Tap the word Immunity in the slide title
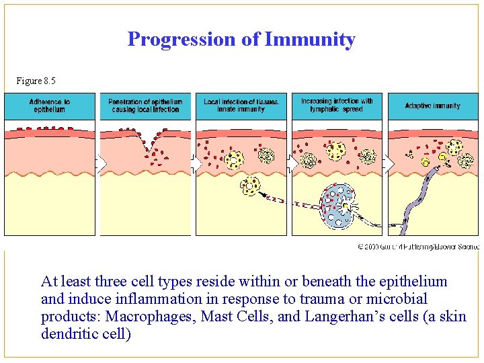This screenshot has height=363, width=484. (x=310, y=40)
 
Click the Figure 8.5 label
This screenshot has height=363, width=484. (x=36, y=81)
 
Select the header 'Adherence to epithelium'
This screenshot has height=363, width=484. (x=50, y=106)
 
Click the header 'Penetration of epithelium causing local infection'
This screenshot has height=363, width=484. (x=145, y=106)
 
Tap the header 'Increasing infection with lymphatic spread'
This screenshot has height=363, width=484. (x=337, y=105)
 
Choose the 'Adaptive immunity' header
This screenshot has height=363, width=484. (x=433, y=106)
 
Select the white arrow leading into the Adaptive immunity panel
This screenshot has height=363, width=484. (x=388, y=163)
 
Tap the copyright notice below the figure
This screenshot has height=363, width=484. (x=417, y=247)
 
